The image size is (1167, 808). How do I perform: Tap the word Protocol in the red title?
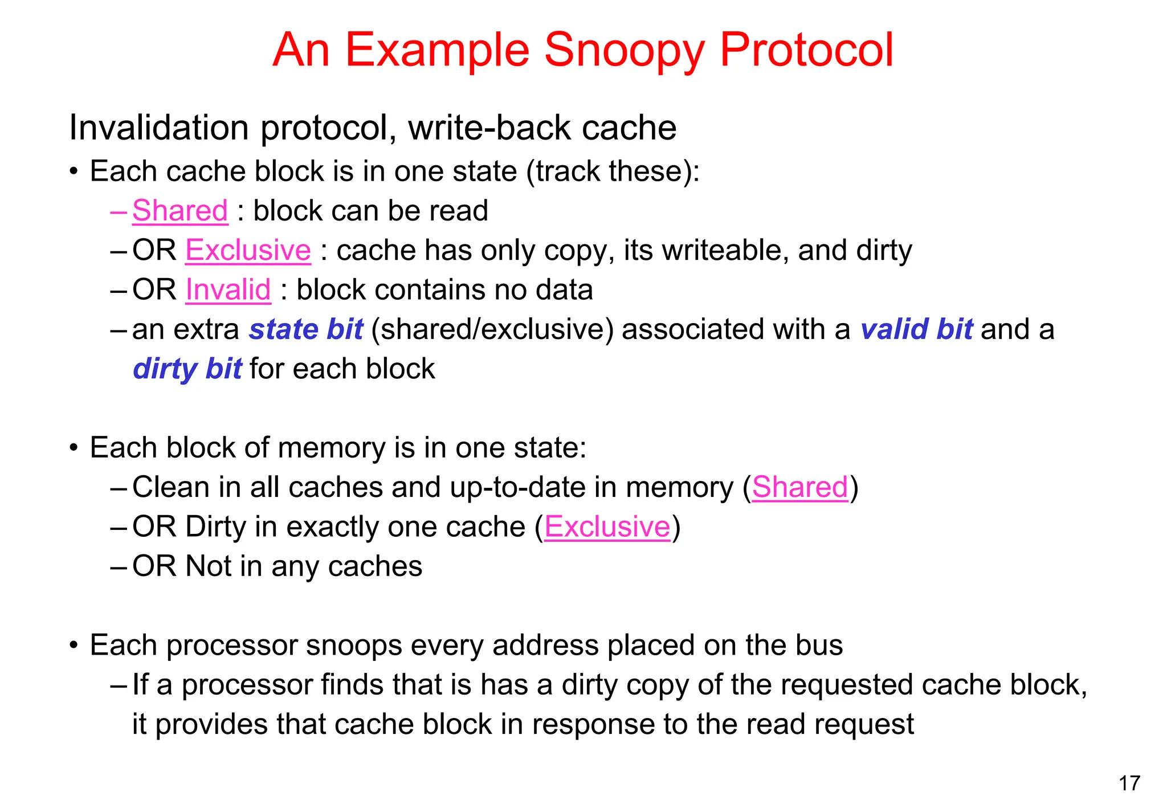tap(807, 50)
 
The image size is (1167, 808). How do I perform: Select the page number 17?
tap(1129, 783)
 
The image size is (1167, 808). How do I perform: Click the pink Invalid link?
tap(228, 290)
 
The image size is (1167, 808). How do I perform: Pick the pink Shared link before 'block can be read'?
tap(180, 211)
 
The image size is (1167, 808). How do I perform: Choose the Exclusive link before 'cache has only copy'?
tap(248, 251)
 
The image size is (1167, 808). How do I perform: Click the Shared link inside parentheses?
tap(800, 488)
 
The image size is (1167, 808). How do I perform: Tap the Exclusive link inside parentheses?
tap(607, 527)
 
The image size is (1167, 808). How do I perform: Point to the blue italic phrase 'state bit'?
tap(306, 330)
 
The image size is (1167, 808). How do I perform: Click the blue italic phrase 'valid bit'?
tap(917, 330)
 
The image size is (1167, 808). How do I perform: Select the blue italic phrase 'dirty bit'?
tap(187, 369)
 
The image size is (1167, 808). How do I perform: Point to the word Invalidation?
tap(159, 128)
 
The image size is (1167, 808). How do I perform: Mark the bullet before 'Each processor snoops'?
tap(73, 646)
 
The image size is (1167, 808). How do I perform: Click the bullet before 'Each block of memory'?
tap(73, 448)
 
